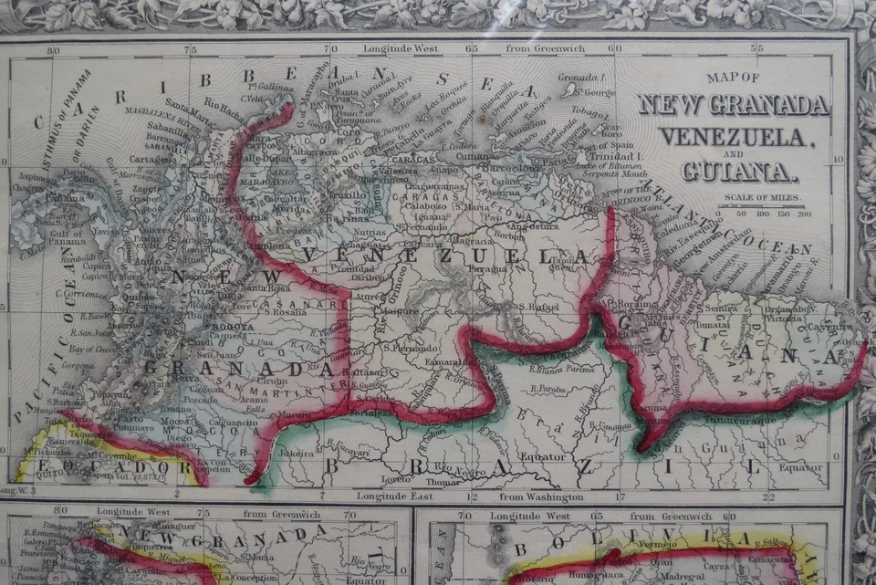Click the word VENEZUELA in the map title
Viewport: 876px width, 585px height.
(x=734, y=137)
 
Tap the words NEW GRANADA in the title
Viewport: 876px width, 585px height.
(x=734, y=105)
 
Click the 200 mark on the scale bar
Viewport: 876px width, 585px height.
(x=803, y=214)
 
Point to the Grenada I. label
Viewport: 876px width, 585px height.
(x=582, y=78)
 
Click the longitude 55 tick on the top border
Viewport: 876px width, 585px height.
(x=756, y=47)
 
